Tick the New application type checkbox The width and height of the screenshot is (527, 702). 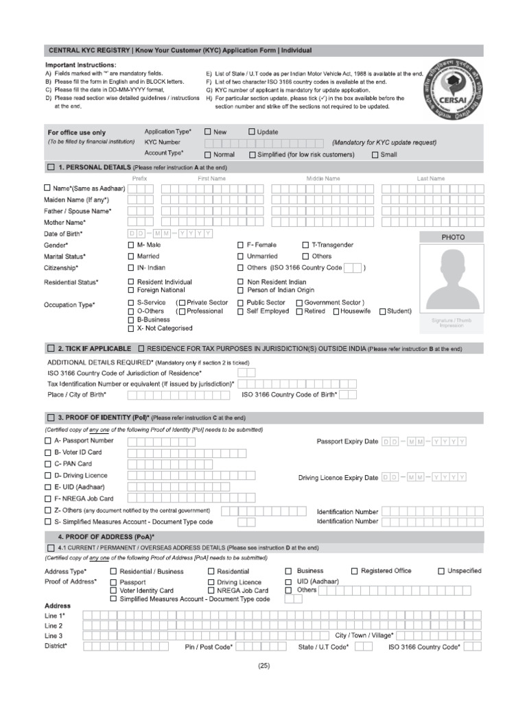pyautogui.click(x=208, y=132)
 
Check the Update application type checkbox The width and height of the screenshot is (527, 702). pyautogui.click(x=252, y=132)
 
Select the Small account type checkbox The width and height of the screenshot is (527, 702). pyautogui.click(x=375, y=155)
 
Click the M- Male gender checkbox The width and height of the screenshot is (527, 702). pyautogui.click(x=131, y=245)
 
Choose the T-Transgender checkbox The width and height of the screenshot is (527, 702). pyautogui.click(x=305, y=245)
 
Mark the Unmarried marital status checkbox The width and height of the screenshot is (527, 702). pyautogui.click(x=240, y=256)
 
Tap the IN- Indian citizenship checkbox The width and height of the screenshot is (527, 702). pyautogui.click(x=131, y=267)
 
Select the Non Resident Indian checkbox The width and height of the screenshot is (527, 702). pyautogui.click(x=240, y=282)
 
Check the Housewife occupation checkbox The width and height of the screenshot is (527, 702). pyautogui.click(x=336, y=311)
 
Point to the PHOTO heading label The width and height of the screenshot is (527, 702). pyautogui.click(x=453, y=237)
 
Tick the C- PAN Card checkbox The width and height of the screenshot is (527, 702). pyautogui.click(x=47, y=464)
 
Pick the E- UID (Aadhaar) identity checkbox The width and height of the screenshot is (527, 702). pyautogui.click(x=47, y=487)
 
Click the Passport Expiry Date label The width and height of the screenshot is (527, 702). pyautogui.click(x=347, y=441)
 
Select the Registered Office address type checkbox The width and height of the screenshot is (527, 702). pyautogui.click(x=354, y=571)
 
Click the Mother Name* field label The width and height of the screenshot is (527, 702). pyautogui.click(x=65, y=222)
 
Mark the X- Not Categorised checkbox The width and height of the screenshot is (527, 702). pyautogui.click(x=131, y=328)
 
